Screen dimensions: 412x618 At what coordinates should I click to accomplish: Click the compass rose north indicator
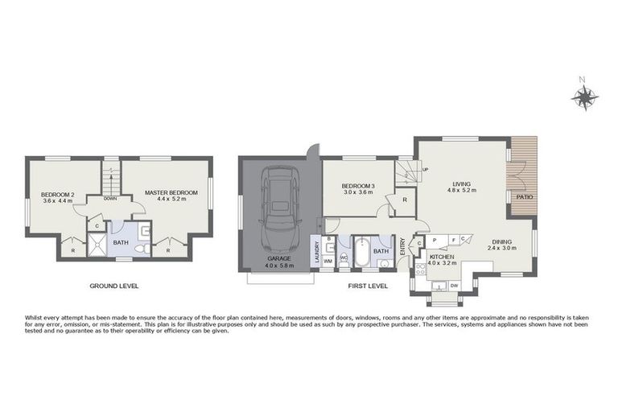click(584, 97)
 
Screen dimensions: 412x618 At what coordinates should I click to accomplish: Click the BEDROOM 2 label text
click(57, 195)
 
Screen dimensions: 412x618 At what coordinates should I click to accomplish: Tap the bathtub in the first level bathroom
click(361, 252)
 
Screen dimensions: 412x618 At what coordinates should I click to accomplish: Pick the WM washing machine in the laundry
click(330, 260)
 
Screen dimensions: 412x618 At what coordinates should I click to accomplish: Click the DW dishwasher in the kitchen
click(454, 285)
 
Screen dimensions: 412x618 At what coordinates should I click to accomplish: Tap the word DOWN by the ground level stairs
click(111, 198)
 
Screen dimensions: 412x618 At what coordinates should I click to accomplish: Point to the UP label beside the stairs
click(425, 170)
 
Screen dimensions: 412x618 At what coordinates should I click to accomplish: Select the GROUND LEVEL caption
click(114, 286)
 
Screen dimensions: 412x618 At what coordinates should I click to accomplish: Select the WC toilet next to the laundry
click(344, 258)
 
